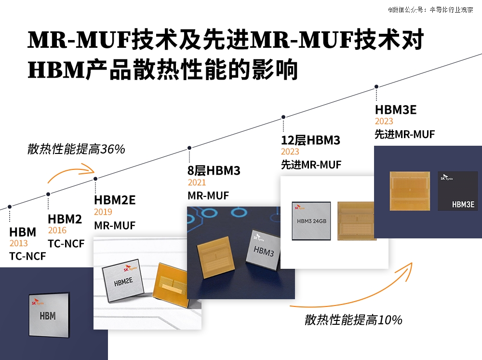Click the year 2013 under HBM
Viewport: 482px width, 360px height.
click(x=18, y=243)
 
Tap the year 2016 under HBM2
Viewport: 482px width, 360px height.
click(x=57, y=230)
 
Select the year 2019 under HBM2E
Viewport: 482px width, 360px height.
click(x=103, y=212)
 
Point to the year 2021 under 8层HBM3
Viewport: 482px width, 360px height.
click(x=197, y=182)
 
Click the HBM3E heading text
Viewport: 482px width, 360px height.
click(x=396, y=110)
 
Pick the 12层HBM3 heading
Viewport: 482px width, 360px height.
click(x=310, y=140)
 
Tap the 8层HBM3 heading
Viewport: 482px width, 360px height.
click(x=214, y=170)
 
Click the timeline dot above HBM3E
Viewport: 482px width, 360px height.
click(x=376, y=87)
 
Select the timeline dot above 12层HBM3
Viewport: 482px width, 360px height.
click(x=283, y=117)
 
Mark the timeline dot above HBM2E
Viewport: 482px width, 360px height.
click(x=95, y=179)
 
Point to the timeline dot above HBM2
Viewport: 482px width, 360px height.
click(x=48, y=194)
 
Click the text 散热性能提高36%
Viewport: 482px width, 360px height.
click(x=76, y=149)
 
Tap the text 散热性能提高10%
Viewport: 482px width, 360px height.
click(x=353, y=320)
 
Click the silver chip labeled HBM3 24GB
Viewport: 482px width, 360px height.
click(x=311, y=221)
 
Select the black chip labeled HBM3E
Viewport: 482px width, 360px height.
click(x=458, y=191)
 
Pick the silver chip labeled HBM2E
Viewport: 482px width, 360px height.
click(x=122, y=280)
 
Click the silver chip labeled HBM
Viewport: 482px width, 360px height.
click(x=49, y=315)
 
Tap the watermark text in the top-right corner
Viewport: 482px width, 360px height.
click(x=430, y=10)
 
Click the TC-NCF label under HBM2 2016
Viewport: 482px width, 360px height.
click(x=66, y=244)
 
